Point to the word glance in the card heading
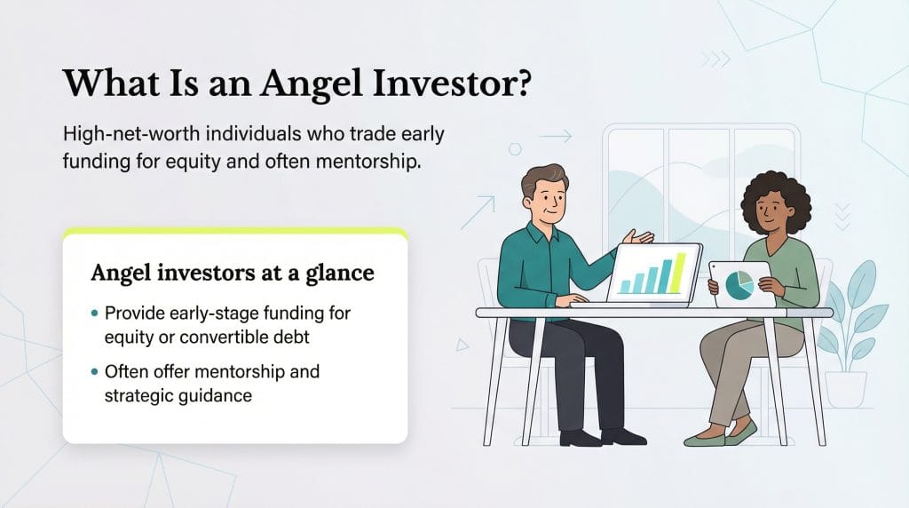pyautogui.click(x=341, y=273)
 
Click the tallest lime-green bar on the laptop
pyautogui.click(x=681, y=272)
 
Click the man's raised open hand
pyautogui.click(x=637, y=237)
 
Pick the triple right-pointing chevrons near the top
pyautogui.click(x=715, y=60)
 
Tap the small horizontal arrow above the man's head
pyautogui.click(x=556, y=137)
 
